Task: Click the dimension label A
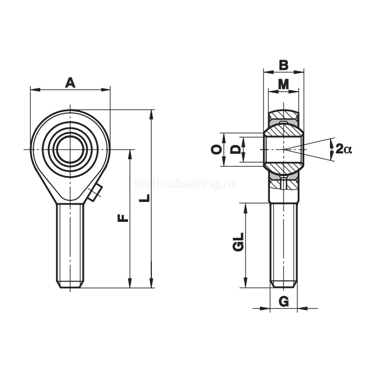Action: [x=70, y=83]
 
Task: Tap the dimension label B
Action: [x=284, y=65]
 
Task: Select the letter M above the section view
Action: [x=284, y=84]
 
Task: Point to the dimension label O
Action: [x=217, y=149]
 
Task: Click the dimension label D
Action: [x=235, y=149]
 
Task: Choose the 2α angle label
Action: [x=344, y=149]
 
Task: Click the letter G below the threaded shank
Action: [x=284, y=302]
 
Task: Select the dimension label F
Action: [x=123, y=218]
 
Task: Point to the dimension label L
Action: [x=144, y=198]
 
